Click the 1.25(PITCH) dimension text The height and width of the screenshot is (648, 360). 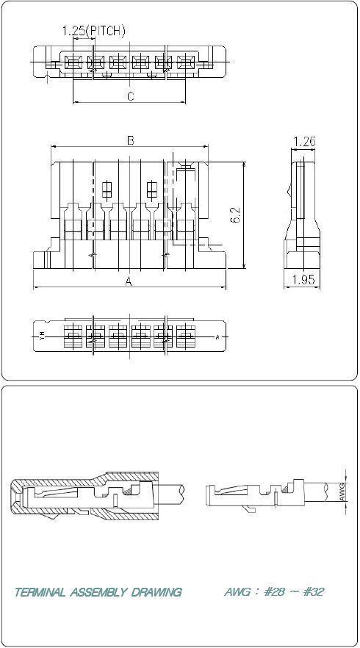tap(93, 31)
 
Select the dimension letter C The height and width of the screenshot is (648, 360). tap(130, 96)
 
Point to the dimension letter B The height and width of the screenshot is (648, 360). tap(130, 141)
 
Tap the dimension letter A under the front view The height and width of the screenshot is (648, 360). tap(129, 281)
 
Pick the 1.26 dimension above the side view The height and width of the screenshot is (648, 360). tap(304, 141)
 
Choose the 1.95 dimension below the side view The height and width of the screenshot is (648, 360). tap(303, 279)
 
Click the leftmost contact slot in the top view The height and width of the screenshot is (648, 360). tap(73, 62)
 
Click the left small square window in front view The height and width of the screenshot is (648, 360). tap(107, 189)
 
